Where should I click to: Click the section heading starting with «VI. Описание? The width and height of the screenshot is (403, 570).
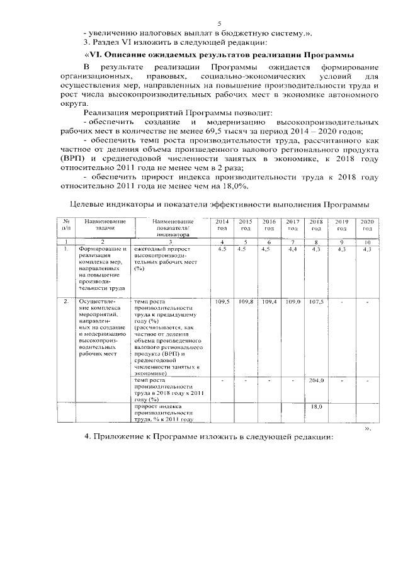[x=219, y=55]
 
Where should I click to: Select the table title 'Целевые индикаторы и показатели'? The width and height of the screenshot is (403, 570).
[x=219, y=205]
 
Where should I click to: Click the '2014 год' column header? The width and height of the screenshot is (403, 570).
[x=222, y=225]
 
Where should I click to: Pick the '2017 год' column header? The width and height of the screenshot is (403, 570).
[x=292, y=225]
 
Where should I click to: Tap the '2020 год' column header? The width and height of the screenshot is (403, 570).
[x=367, y=225]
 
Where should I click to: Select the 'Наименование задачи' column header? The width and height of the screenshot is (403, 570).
[x=102, y=225]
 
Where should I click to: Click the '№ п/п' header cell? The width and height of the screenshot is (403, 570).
[x=66, y=225]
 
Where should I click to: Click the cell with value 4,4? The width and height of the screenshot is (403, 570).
[x=293, y=250]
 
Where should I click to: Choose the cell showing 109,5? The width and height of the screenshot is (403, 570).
[x=222, y=302]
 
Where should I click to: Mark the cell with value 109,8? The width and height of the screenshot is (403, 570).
[x=246, y=302]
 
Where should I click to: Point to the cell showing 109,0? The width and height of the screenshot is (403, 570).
[x=293, y=302]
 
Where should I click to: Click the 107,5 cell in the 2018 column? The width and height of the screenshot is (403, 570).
[x=317, y=302]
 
